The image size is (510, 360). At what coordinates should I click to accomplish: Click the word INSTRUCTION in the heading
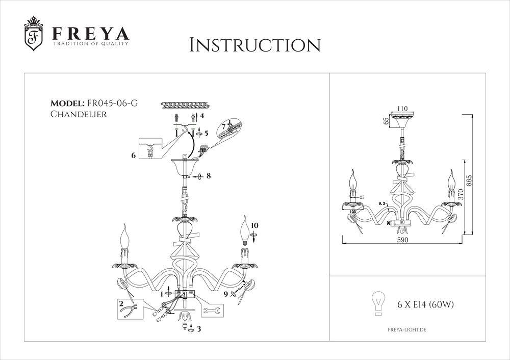255,45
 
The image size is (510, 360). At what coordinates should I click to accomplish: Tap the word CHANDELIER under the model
79,114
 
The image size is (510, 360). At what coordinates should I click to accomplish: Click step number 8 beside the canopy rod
208,176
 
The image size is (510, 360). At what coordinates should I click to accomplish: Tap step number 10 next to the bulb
255,225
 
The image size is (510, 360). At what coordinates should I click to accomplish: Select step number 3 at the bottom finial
199,329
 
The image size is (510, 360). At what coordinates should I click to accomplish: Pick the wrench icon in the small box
213,310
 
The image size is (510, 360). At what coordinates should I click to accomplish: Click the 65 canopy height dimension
387,120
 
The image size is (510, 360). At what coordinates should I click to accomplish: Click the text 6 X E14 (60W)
425,305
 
